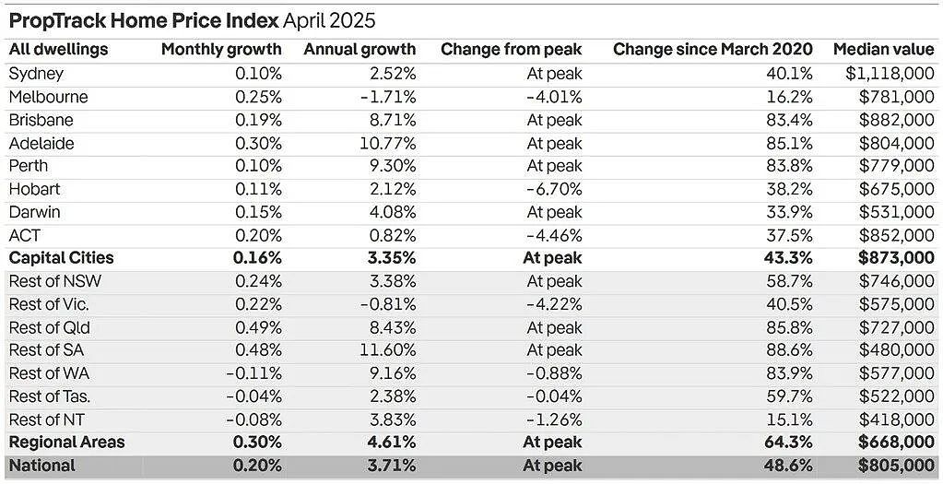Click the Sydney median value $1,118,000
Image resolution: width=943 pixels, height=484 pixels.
890,74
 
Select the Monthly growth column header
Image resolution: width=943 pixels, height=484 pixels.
221,50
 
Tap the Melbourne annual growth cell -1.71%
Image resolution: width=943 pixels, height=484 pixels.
388,97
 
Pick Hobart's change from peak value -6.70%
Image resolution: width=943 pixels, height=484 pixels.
555,189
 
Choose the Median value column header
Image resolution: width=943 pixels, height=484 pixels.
884,50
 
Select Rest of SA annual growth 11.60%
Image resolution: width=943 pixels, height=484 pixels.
388,350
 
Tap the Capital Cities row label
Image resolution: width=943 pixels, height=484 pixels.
62,258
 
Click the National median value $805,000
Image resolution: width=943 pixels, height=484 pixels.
897,466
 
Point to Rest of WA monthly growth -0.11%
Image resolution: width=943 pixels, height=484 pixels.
253,373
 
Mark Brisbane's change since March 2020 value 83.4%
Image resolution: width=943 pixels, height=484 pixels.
790,120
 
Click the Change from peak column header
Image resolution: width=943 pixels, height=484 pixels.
512,50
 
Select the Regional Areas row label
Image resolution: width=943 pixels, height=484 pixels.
66,443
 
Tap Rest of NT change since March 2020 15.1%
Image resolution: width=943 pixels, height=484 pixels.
790,419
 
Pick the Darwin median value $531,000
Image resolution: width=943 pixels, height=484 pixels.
897,212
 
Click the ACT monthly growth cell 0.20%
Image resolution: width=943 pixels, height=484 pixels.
258,235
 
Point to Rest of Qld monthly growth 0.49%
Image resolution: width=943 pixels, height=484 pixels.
258,327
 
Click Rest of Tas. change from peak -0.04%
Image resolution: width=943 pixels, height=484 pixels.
554,396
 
